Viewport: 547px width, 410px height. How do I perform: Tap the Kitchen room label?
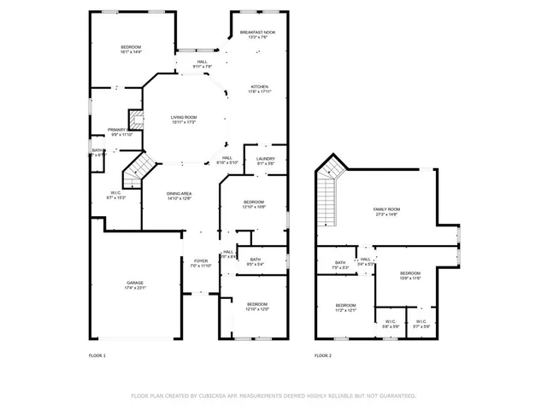tap(259, 87)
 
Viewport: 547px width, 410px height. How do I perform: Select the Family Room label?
tap(386, 211)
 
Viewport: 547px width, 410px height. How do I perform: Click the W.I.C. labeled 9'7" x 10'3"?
tap(116, 195)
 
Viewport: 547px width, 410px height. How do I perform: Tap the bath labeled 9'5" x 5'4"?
tap(255, 261)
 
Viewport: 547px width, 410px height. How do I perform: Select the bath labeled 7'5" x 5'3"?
tap(340, 265)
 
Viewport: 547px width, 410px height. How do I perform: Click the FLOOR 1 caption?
tap(97, 354)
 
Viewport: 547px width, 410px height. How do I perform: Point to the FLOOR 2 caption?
tap(322, 354)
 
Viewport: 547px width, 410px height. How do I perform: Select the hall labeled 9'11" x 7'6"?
tap(203, 63)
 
